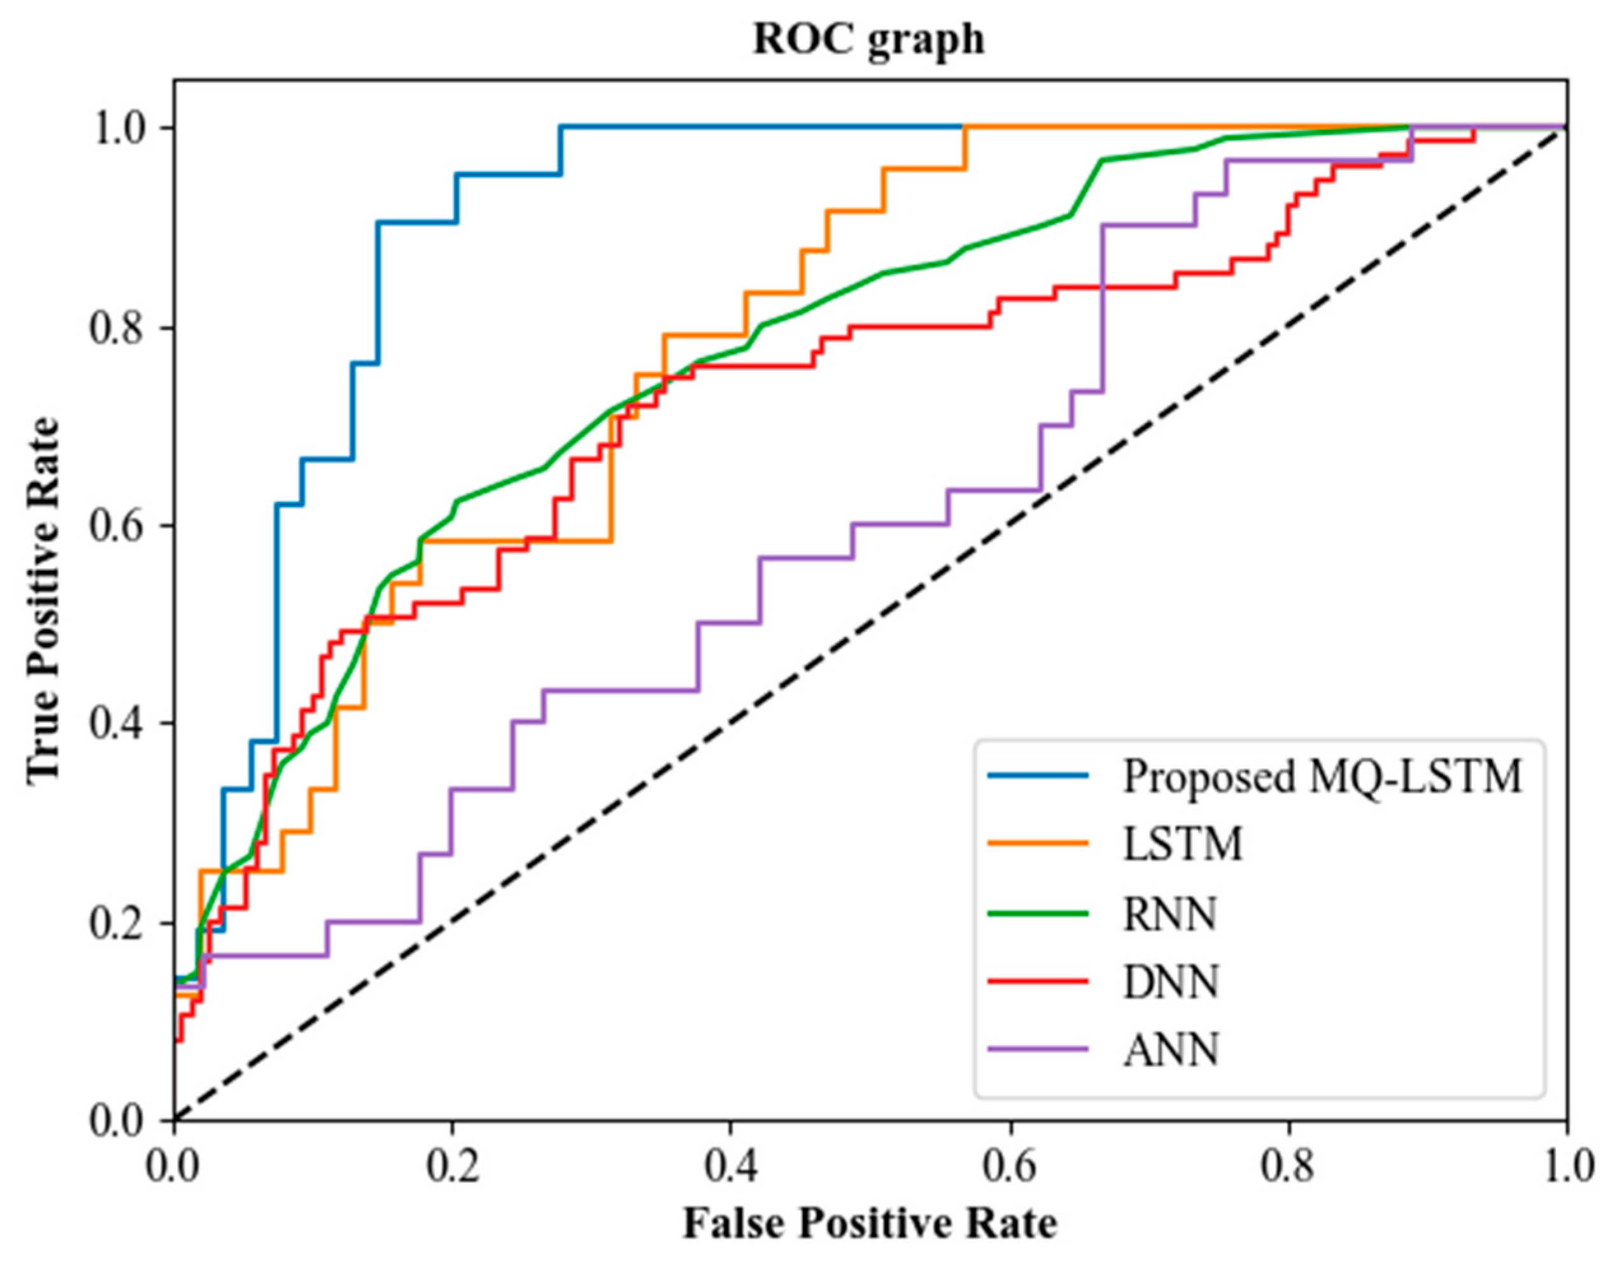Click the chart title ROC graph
[868, 39]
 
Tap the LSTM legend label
[1183, 845]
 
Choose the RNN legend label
[1170, 913]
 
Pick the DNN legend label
[1171, 982]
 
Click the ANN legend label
[1171, 1050]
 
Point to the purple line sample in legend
[1039, 1049]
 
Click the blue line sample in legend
[1039, 775]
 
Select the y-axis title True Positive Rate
[43, 599]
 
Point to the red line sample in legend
[1039, 980]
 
